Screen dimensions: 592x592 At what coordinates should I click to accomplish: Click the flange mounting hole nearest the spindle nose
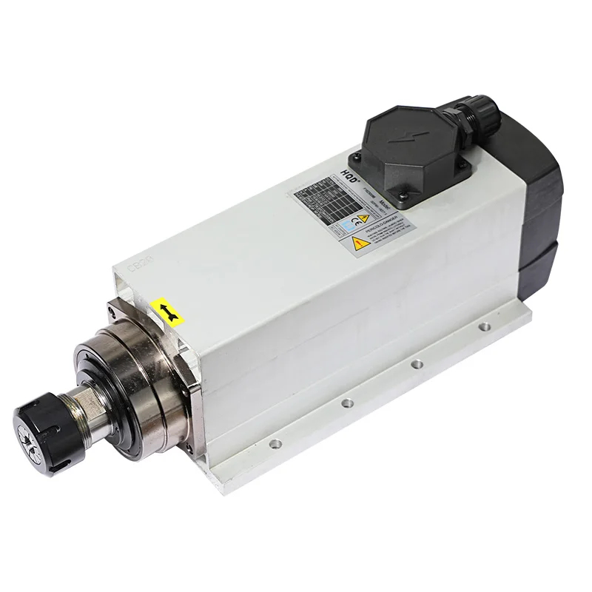click(x=275, y=444)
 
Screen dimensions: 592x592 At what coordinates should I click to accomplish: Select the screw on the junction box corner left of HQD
click(x=354, y=157)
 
